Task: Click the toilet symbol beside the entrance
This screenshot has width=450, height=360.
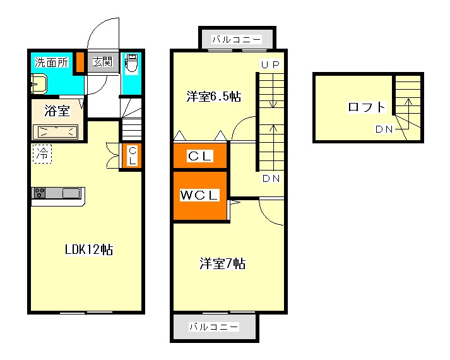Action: click(x=132, y=63)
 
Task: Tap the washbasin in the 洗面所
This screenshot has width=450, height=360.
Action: click(x=38, y=84)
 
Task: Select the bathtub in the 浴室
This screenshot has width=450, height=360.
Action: click(x=56, y=132)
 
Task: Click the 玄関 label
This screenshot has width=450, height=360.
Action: click(x=102, y=62)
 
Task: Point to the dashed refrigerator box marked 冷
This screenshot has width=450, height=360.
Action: click(x=42, y=154)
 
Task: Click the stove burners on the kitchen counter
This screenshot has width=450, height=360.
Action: click(x=39, y=193)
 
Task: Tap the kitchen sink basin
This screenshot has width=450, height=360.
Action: click(x=71, y=193)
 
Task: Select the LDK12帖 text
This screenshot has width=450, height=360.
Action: click(x=89, y=249)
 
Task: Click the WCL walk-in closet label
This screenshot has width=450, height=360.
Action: click(x=199, y=195)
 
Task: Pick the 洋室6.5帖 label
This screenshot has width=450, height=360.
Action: click(x=214, y=97)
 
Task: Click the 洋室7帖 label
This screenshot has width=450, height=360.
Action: click(x=223, y=263)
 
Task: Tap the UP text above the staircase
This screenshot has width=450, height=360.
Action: click(x=270, y=64)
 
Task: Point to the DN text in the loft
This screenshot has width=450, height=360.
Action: click(x=384, y=129)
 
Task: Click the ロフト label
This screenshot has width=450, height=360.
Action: click(x=367, y=107)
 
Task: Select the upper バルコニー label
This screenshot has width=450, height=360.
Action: click(x=237, y=39)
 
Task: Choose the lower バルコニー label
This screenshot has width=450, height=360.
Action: click(x=214, y=327)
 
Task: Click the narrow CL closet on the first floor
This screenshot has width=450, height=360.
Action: click(x=132, y=155)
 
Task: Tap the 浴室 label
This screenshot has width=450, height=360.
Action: click(x=57, y=111)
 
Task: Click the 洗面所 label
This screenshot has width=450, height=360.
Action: click(x=51, y=63)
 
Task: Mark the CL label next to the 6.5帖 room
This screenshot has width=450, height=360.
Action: click(x=200, y=156)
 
